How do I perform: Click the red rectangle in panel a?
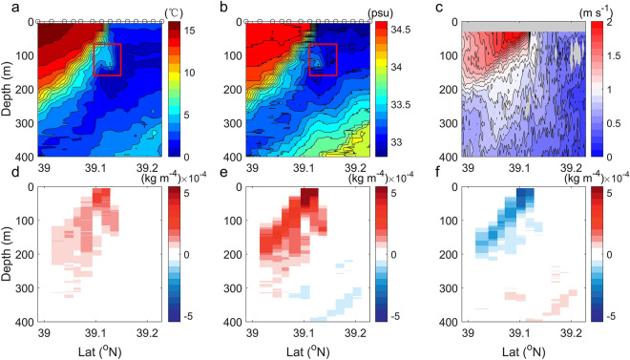[x=108, y=59]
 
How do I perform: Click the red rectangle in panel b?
[x=324, y=59]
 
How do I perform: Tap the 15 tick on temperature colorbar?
[x=188, y=31]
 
